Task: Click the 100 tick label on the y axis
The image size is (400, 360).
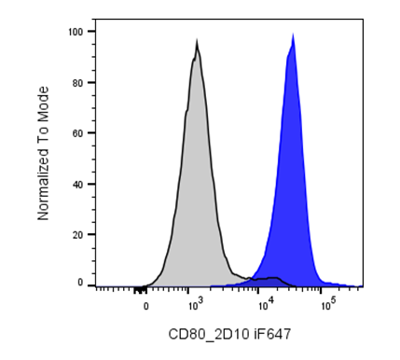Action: coord(76,32)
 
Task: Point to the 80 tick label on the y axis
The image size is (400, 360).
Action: coord(77,83)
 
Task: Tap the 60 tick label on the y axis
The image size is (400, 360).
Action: coord(77,133)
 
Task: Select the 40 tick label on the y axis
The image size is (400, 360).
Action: coord(77,185)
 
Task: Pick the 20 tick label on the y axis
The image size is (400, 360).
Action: coord(77,235)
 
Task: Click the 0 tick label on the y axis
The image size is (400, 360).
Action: coord(80,283)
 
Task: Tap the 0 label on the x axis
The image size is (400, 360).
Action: coord(145,307)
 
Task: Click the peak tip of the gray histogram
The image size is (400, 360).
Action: coord(197,38)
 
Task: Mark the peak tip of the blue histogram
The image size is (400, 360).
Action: coord(293,33)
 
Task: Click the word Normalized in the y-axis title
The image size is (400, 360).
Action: coord(44,184)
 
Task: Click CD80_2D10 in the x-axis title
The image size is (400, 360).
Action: coord(209,335)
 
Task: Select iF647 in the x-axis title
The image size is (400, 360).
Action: coord(272,335)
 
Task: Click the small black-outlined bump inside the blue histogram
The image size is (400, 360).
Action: coord(273,279)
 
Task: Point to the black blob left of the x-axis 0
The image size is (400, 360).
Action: coord(140,291)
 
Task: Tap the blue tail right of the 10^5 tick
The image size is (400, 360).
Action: coord(342,284)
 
